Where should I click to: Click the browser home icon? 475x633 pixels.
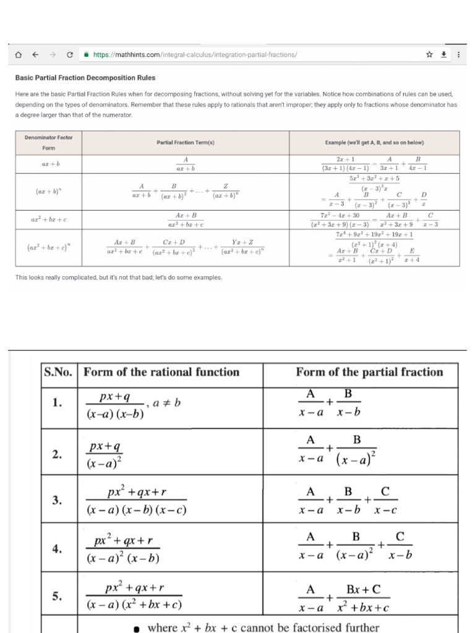pos(18,55)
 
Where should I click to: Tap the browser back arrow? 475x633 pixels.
pos(35,55)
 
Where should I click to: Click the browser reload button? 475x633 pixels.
pos(70,55)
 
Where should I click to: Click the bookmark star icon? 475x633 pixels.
pos(429,55)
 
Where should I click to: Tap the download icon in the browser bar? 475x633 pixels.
pos(443,55)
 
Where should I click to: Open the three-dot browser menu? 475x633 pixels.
pos(458,55)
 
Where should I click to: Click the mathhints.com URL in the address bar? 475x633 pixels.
pos(195,55)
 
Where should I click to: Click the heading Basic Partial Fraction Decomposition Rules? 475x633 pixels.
pos(85,78)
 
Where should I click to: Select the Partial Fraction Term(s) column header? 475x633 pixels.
pos(186,142)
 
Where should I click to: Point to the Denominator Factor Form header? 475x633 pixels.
pos(49,142)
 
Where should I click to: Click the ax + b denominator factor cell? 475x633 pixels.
pos(49,164)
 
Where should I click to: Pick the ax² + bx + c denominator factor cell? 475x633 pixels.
pos(49,219)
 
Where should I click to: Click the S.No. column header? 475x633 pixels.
pos(59,372)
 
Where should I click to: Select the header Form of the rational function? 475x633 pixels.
pos(161,372)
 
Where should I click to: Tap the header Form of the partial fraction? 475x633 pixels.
pos(369,372)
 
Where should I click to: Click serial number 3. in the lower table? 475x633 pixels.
pos(57,501)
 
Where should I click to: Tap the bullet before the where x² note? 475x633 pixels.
pos(137,628)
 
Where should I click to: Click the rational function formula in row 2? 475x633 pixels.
pos(104,454)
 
